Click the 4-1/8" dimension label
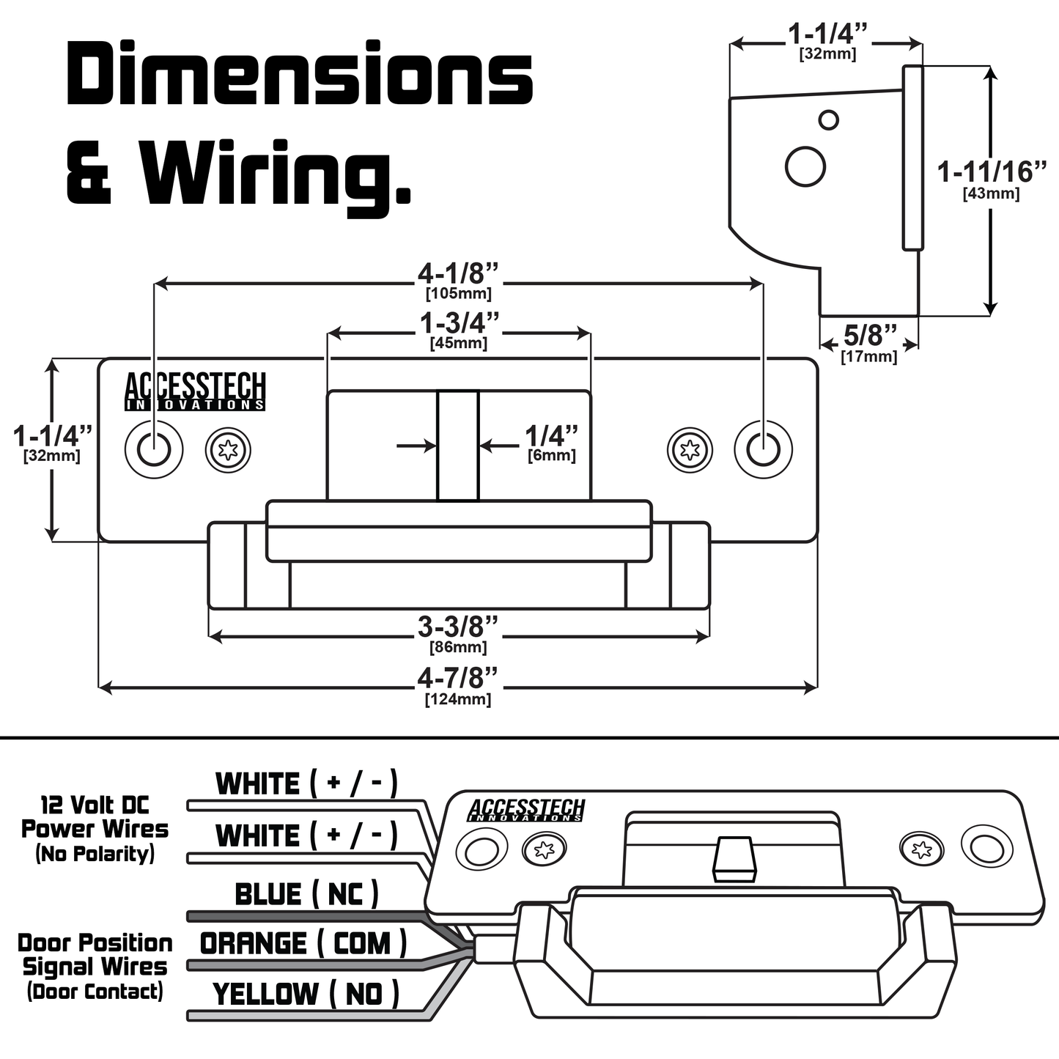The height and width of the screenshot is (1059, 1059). coord(458,275)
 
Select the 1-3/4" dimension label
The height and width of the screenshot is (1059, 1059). coord(459,324)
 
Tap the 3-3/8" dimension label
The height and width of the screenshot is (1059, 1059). coord(458,628)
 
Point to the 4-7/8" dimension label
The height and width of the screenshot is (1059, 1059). coord(458,679)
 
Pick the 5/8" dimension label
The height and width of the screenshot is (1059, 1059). coord(869,336)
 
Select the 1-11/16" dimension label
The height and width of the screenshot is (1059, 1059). coord(992,172)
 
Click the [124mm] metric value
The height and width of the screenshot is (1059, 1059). coord(458,699)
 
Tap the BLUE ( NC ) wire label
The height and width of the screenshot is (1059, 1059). coord(306,894)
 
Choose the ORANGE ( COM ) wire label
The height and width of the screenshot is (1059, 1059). coord(303,944)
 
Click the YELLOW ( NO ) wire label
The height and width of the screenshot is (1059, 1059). coord(306,995)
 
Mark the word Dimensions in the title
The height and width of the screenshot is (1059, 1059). coord(299,75)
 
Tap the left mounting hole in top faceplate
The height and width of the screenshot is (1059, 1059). coord(153,449)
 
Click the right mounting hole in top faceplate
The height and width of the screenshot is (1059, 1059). coord(763,449)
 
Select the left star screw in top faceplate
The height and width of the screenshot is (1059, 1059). coord(228,449)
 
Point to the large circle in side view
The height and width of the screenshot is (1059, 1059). coord(805,166)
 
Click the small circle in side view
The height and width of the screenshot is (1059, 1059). coord(828,120)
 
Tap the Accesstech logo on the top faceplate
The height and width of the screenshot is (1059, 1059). coord(195,391)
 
